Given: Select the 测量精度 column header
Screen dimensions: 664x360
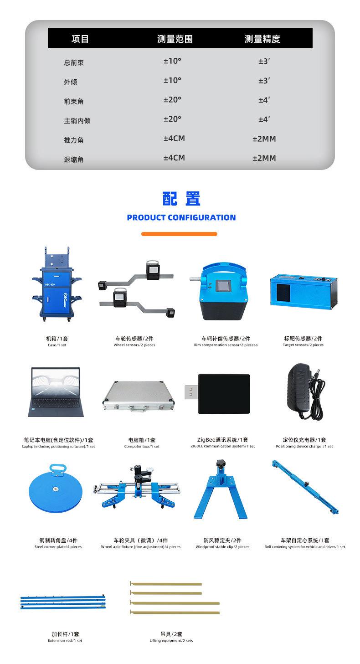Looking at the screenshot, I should [262, 39].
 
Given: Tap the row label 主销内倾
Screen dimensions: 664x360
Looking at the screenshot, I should [77, 121].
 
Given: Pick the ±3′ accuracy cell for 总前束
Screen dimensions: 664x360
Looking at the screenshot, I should [264, 61].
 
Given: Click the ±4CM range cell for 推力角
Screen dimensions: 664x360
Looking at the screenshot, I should [174, 139].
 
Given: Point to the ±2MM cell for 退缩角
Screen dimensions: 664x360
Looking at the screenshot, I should [264, 158].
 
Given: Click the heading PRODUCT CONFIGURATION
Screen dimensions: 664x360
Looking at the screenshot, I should [181, 217].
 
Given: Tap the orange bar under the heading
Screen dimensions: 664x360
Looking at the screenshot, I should [179, 234].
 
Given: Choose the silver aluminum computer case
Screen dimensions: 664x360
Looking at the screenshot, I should [139, 393].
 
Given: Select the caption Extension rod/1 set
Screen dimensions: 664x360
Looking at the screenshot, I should [65, 640].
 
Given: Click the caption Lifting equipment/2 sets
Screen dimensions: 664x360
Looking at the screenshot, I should [171, 640].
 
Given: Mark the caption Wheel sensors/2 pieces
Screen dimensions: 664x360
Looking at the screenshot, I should [134, 345].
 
